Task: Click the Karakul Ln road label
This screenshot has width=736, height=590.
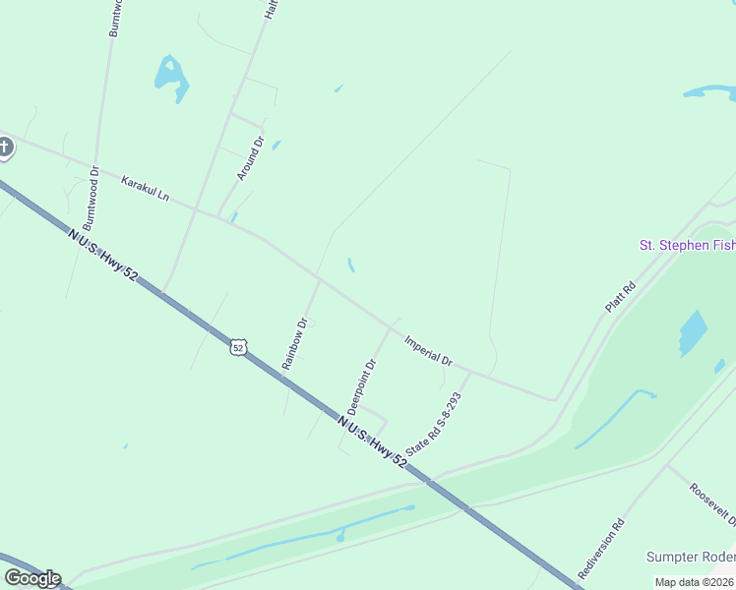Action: tap(145, 188)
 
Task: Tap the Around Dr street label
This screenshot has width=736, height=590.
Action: tap(251, 158)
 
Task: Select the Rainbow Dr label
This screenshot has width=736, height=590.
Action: tap(295, 342)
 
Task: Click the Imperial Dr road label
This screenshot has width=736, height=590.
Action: tap(428, 349)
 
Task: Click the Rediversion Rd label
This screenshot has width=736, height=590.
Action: tap(601, 549)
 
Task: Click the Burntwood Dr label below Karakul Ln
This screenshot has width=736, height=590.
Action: tap(94, 198)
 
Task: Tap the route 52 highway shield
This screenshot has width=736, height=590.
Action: tap(237, 346)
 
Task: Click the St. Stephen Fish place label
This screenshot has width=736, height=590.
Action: tap(687, 245)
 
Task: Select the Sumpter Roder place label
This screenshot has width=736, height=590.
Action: tap(690, 557)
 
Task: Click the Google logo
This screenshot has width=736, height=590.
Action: tap(32, 578)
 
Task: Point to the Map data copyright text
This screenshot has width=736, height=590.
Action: tap(695, 582)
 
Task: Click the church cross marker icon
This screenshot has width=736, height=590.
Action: tap(5, 147)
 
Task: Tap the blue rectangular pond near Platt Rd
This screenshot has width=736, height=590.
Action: tap(693, 333)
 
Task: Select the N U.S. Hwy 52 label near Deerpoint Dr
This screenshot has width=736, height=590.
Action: tap(372, 440)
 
